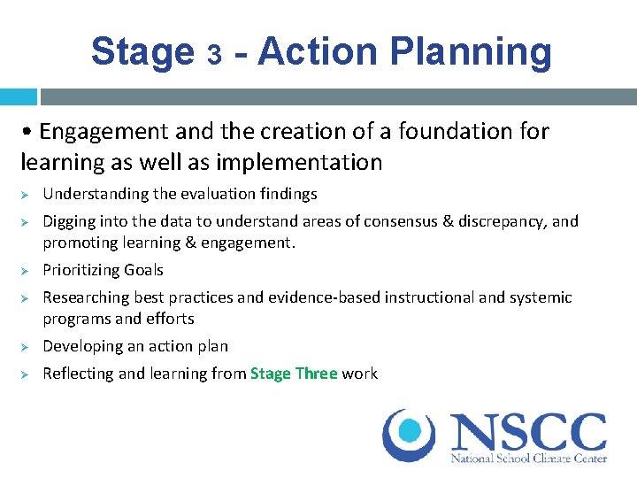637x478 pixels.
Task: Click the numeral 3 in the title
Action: [x=213, y=55]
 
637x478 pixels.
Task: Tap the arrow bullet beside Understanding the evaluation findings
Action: [x=27, y=194]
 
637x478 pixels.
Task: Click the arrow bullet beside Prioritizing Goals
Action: [x=27, y=270]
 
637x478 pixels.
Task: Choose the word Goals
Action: [x=143, y=270]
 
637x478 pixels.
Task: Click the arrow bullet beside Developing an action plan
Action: [x=27, y=346]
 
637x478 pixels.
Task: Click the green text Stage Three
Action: [x=294, y=374]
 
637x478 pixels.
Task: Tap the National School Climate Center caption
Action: [x=528, y=459]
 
